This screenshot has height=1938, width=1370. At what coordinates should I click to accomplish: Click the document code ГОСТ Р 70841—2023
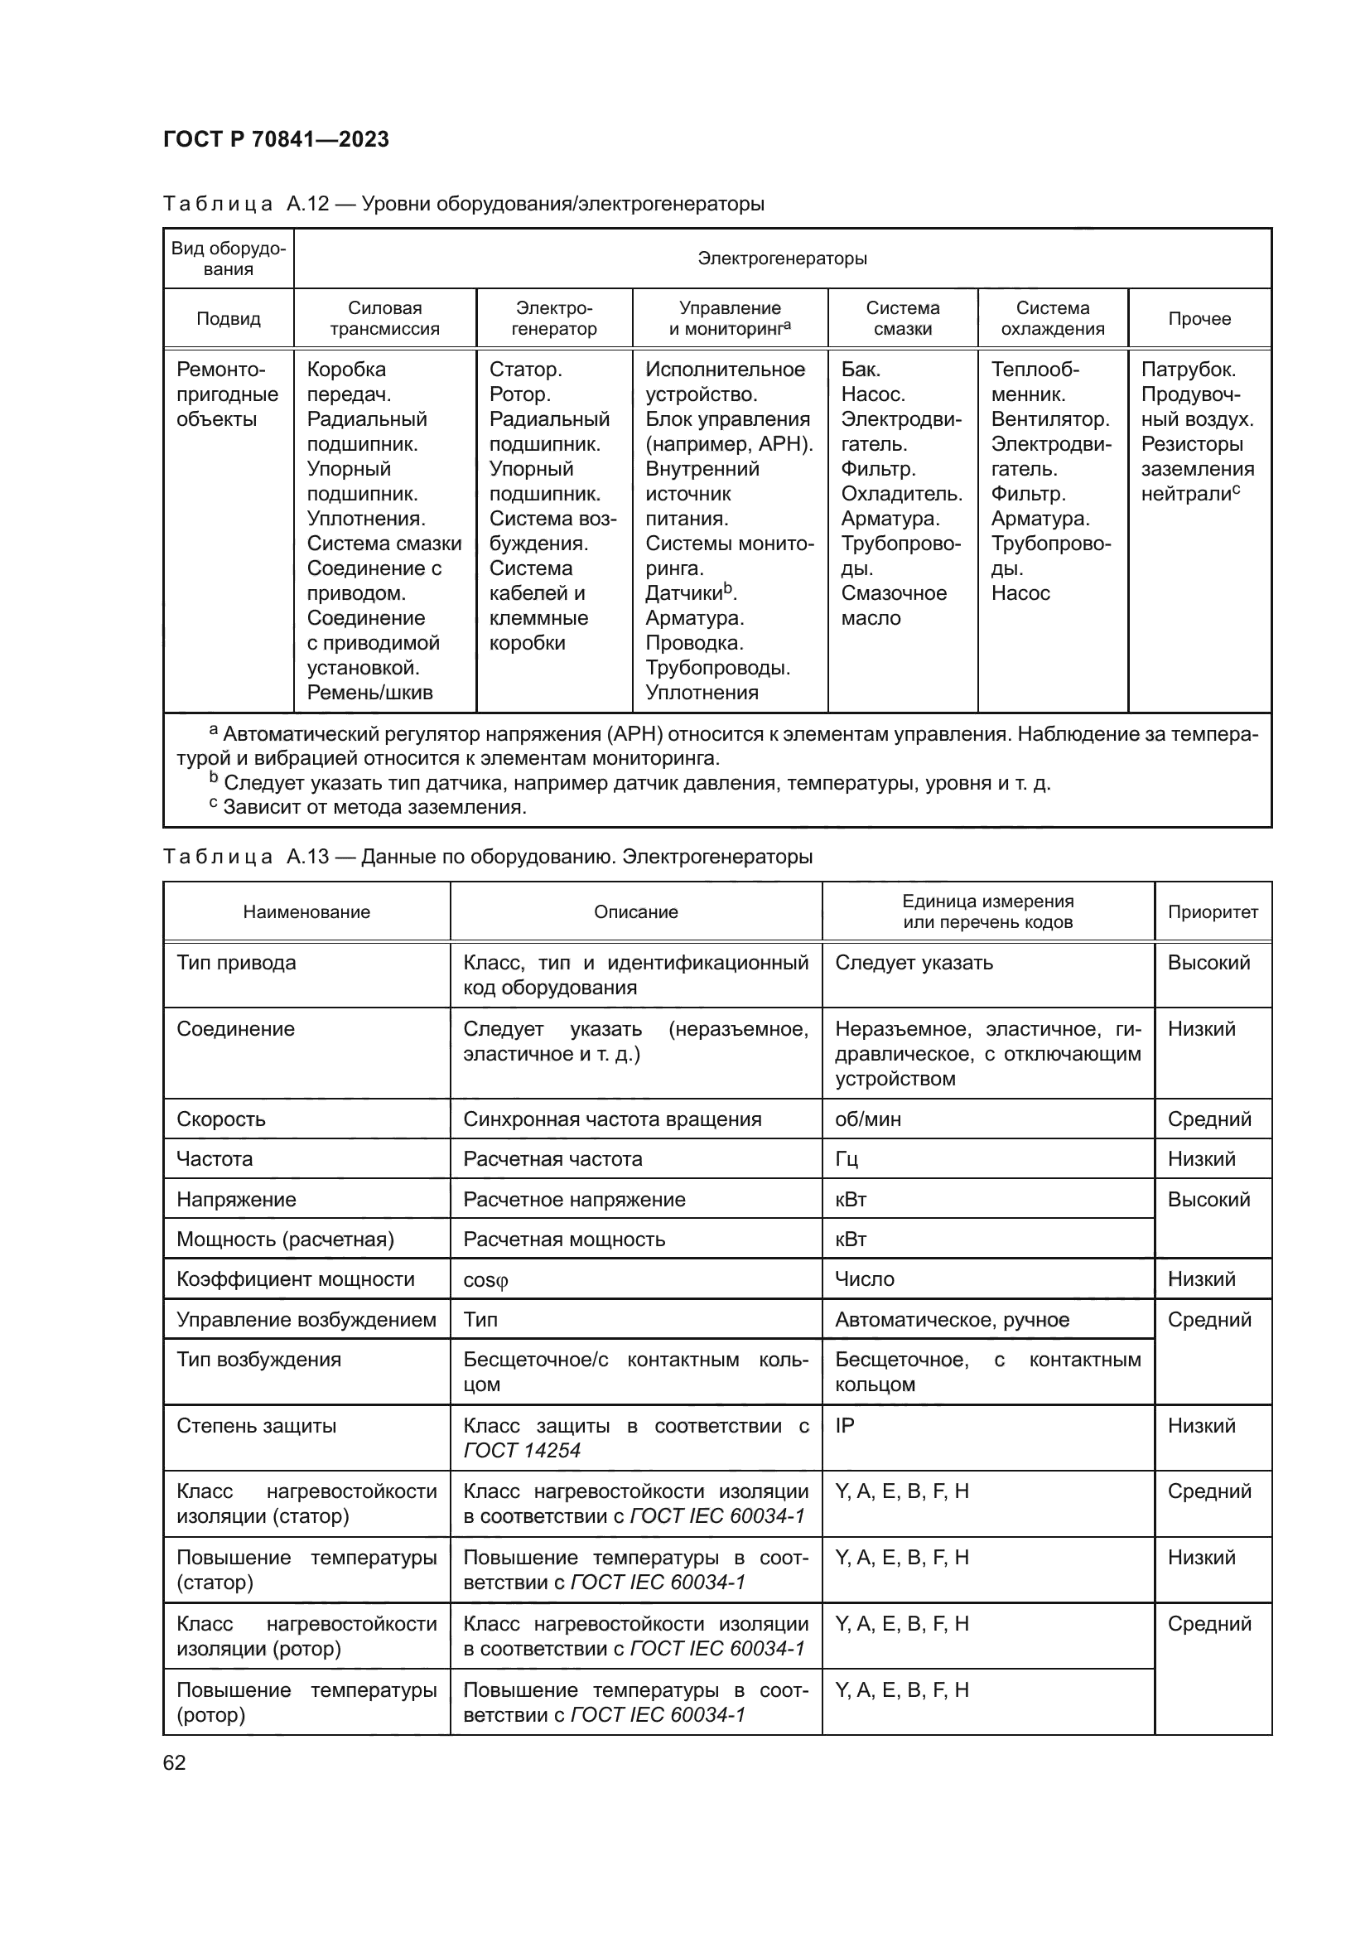point(276,139)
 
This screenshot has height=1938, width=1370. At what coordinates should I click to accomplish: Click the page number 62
point(175,1762)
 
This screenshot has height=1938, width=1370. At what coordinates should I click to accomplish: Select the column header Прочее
point(1199,319)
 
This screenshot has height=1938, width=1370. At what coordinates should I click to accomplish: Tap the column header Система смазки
point(902,319)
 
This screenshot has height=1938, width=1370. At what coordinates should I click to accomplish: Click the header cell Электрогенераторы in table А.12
point(782,259)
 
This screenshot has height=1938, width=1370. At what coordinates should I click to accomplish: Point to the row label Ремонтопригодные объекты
point(227,394)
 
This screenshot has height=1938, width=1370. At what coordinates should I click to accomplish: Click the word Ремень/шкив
point(369,693)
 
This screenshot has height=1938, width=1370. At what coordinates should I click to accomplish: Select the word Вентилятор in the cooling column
point(1049,419)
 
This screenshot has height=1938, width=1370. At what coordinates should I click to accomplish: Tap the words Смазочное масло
point(894,605)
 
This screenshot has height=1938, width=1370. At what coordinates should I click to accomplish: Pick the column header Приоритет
point(1213,911)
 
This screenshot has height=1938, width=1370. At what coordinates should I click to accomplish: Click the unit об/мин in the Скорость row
point(868,1119)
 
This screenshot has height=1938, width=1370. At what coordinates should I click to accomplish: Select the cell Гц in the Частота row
point(847,1159)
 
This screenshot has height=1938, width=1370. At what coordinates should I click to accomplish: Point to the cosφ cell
point(486,1279)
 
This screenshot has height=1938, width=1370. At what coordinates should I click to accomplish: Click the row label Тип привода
point(236,963)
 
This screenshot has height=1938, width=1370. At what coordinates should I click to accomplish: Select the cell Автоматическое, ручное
point(952,1319)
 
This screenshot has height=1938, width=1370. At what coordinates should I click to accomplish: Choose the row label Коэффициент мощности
point(295,1278)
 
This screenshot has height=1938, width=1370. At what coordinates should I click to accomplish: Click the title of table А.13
point(487,857)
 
